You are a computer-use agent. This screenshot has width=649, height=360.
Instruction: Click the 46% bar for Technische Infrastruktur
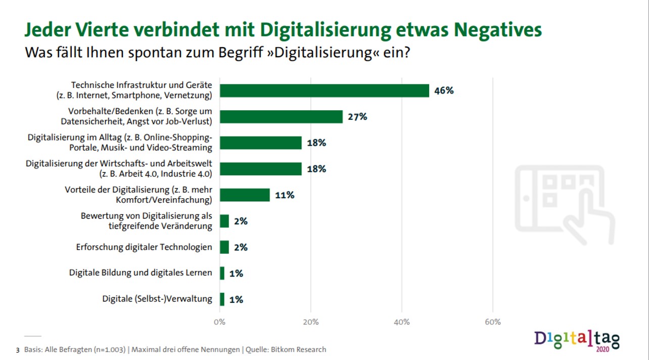pyautogui.click(x=324, y=91)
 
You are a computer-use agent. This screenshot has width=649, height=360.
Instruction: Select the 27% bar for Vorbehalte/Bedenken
pyautogui.click(x=281, y=117)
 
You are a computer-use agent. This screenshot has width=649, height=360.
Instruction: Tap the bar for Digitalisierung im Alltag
pyautogui.click(x=260, y=143)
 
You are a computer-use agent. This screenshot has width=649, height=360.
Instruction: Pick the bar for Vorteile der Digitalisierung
pyautogui.click(x=245, y=195)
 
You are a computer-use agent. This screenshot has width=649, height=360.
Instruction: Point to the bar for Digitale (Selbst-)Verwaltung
pyautogui.click(x=222, y=299)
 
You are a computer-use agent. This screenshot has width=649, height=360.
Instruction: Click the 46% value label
pyautogui.click(x=444, y=91)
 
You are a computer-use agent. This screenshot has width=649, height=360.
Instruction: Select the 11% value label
pyautogui.click(x=285, y=195)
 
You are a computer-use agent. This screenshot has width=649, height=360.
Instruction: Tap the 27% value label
pyautogui.click(x=357, y=117)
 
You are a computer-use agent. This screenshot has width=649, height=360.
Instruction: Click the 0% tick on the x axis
pyautogui.click(x=220, y=322)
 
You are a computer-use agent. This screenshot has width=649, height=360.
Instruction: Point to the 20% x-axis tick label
pyautogui.click(x=310, y=322)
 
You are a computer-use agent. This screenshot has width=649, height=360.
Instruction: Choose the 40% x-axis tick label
pyautogui.click(x=401, y=322)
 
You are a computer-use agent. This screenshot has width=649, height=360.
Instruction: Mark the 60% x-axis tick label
pyautogui.click(x=492, y=322)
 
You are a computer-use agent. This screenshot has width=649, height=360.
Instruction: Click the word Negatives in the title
pyautogui.click(x=498, y=30)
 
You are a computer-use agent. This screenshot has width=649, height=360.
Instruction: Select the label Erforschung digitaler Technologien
pyautogui.click(x=144, y=247)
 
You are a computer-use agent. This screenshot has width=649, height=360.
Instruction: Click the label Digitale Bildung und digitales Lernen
pyautogui.click(x=141, y=273)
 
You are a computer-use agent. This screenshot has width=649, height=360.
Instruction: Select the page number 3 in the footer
pyautogui.click(x=19, y=350)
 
